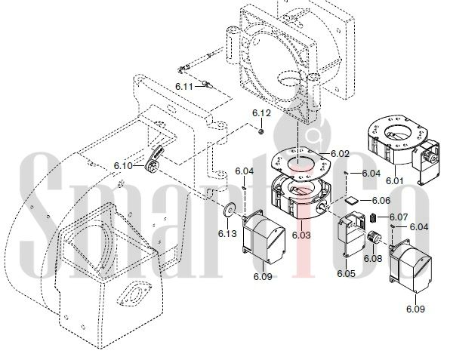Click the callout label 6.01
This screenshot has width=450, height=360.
(394, 180)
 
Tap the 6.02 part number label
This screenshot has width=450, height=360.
(340, 154)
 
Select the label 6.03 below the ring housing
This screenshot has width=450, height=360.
(301, 235)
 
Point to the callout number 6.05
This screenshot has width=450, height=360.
(346, 274)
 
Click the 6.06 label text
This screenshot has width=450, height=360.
(381, 201)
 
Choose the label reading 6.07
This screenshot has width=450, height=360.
(399, 217)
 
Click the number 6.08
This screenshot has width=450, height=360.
(373, 258)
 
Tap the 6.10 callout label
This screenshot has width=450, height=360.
(123, 166)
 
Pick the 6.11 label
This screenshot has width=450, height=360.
(184, 86)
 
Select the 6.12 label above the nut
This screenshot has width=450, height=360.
(261, 113)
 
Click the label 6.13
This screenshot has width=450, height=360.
(227, 234)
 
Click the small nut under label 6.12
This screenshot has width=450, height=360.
(261, 131)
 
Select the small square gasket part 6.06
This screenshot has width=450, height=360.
(352, 200)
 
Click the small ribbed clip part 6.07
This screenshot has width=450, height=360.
(374, 217)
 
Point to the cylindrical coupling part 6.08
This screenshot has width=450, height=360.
(374, 238)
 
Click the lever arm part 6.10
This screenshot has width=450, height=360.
(154, 159)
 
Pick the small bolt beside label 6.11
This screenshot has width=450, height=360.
(208, 85)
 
